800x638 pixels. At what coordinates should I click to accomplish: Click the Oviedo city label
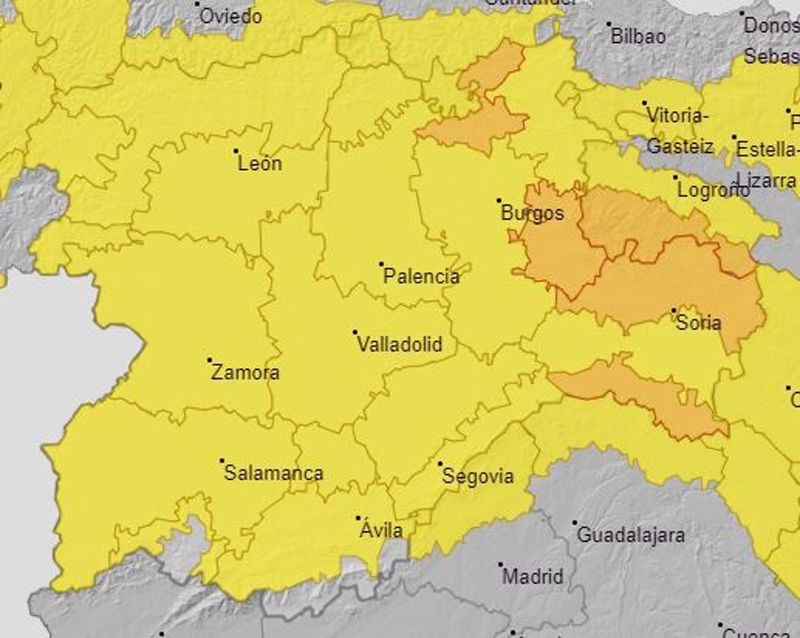[231, 17]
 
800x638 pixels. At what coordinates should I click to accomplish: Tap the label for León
[259, 164]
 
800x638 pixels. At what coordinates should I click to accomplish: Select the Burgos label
[531, 213]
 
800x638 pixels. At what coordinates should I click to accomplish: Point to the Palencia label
[421, 277]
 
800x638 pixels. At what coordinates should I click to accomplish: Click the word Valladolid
[399, 345]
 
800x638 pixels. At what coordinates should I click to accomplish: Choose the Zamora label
[245, 373]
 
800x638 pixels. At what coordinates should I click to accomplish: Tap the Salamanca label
[273, 473]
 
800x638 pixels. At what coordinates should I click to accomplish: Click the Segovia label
[477, 476]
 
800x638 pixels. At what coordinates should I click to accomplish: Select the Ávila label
[380, 531]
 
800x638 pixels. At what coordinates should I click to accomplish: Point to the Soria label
[699, 323]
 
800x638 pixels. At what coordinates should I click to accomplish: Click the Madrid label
[532, 577]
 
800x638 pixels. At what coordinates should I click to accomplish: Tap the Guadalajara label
[630, 535]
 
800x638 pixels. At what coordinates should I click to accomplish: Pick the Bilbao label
[637, 37]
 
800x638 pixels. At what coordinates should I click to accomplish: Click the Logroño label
[712, 190]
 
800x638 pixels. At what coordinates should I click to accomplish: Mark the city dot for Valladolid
[355, 332]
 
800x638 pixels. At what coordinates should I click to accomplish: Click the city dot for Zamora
[210, 360]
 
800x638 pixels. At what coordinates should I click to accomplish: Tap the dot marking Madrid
[500, 564]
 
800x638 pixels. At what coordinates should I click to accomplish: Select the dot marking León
[236, 152]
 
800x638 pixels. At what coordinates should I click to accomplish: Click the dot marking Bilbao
[609, 24]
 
